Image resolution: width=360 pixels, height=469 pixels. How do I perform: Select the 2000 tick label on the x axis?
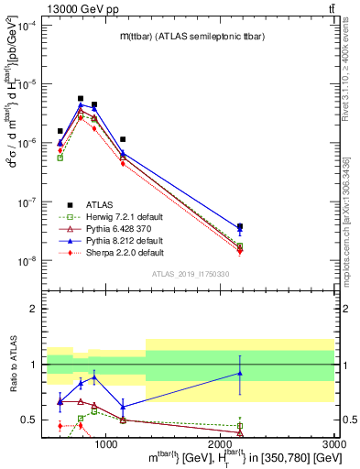[x=221, y=444]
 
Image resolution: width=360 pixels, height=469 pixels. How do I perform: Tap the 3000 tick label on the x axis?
[x=334, y=444]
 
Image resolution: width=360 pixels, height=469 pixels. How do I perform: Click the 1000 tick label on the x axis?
[x=106, y=444]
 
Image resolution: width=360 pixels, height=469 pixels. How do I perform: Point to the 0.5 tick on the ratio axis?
[x=30, y=420]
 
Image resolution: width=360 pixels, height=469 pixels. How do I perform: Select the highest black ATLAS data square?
[x=81, y=98]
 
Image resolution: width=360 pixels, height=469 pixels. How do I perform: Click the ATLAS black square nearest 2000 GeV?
[x=240, y=226]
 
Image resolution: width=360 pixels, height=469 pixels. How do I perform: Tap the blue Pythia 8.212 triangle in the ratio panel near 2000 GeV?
[x=240, y=373]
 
